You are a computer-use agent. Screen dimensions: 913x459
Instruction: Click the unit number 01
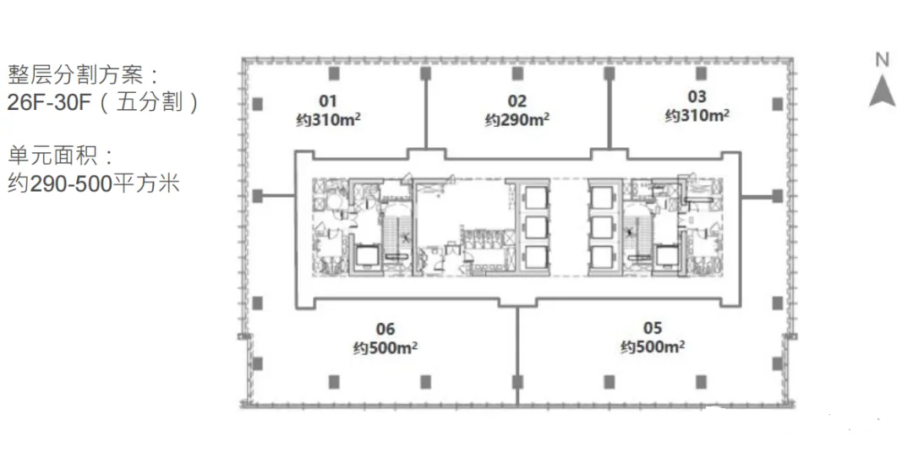click(328, 101)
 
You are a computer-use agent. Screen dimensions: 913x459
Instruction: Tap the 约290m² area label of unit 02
click(517, 119)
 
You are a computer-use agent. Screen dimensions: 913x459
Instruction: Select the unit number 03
click(697, 96)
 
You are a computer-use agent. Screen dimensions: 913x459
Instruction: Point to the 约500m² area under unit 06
click(385, 347)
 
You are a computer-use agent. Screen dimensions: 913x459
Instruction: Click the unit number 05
click(652, 328)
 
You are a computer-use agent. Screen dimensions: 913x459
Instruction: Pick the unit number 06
click(385, 329)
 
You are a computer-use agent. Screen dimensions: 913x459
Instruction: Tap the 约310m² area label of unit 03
click(697, 115)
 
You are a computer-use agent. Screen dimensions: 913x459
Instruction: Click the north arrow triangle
click(882, 92)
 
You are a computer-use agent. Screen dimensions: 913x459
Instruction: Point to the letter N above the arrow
click(882, 59)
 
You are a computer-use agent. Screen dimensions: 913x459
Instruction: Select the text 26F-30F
click(50, 102)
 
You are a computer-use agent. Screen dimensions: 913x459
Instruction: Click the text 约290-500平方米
click(93, 183)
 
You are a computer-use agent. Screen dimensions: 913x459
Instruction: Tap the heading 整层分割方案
click(75, 74)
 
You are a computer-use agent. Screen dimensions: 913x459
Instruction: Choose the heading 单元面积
click(52, 156)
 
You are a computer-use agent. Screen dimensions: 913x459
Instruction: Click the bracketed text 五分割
click(150, 102)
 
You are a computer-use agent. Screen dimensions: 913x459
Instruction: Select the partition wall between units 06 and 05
click(517, 355)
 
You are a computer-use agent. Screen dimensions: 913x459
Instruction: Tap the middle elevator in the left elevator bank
click(535, 227)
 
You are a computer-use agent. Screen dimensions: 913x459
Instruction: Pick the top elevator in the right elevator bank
click(603, 198)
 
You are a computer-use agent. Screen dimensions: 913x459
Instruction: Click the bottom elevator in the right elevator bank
click(603, 258)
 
